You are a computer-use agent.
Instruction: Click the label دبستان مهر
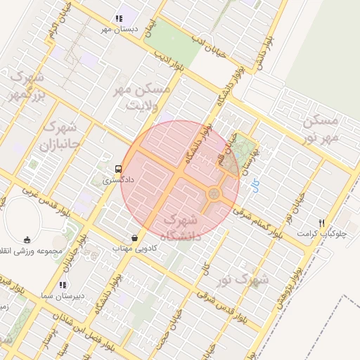click(116, 29)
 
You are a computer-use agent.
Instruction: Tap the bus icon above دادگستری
click(118, 169)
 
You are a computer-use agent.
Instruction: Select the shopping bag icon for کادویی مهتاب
click(134, 238)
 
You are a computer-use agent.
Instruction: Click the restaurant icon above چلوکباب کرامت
click(321, 222)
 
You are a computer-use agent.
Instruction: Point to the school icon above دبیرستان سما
click(63, 285)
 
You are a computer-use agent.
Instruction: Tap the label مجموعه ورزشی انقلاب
click(34, 251)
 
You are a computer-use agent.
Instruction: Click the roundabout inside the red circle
click(213, 193)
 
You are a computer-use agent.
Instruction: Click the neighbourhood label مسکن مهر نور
click(321, 128)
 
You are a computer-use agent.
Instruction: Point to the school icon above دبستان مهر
click(117, 18)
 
